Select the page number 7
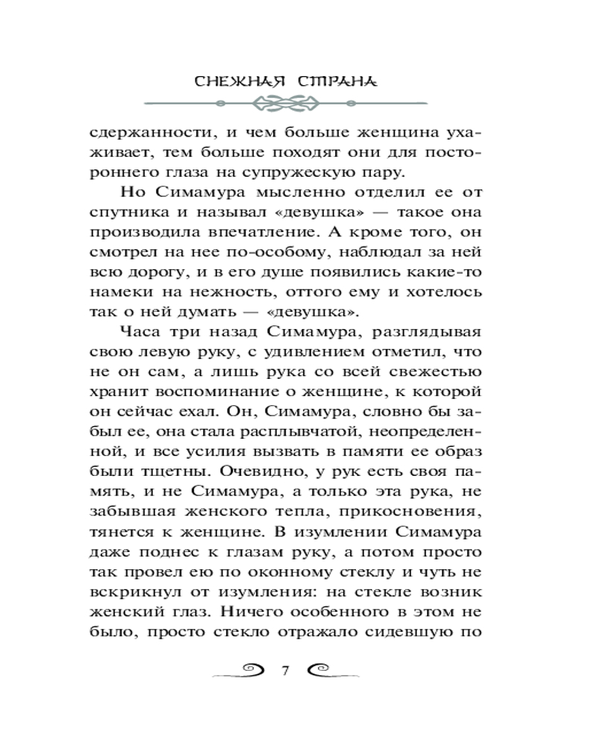(x=284, y=668)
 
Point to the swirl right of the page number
(x=328, y=668)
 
